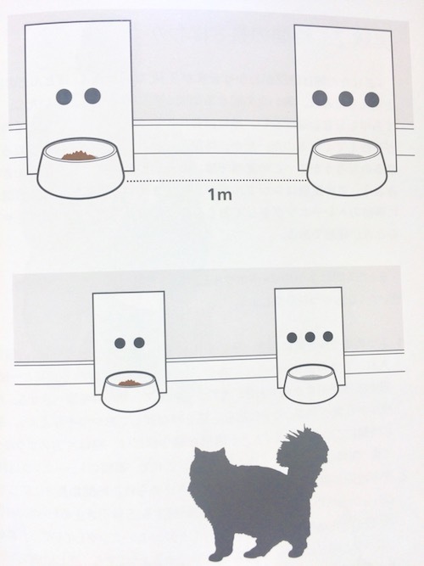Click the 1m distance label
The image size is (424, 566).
tap(220, 195)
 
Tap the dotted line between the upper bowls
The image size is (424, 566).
tap(216, 181)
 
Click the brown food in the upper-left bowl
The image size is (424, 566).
tap(79, 155)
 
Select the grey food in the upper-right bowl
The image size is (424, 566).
tap(348, 156)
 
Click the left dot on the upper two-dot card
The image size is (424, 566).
tap(64, 96)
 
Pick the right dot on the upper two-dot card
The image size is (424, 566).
tap(92, 96)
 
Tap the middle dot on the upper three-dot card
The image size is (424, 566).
tap(346, 98)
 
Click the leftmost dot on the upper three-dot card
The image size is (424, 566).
tap(320, 98)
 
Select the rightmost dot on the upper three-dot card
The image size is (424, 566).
tap(372, 99)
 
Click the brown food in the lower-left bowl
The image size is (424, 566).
tap(130, 383)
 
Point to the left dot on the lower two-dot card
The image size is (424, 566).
tap(120, 343)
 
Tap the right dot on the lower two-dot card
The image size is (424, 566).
tap(139, 343)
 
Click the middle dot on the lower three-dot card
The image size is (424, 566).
tap(310, 337)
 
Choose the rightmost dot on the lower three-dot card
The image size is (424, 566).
tap(328, 336)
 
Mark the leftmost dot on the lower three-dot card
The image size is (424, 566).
tap(292, 338)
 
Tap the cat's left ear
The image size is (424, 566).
tap(198, 452)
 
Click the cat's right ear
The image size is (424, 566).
tap(221, 452)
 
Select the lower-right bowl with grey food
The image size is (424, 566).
tap(311, 384)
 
